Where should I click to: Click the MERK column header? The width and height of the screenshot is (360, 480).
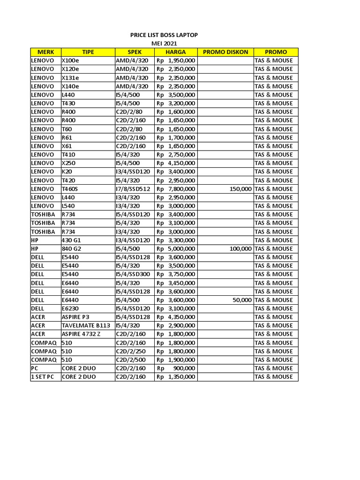45,52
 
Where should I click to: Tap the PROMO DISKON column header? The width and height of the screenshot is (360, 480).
225,52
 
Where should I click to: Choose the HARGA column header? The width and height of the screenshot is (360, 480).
176,52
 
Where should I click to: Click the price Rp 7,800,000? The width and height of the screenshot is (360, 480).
176,189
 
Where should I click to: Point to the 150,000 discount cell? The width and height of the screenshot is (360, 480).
240,189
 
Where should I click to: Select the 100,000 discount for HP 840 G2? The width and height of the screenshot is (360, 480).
240,248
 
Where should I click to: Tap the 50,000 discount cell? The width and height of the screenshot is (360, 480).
242,300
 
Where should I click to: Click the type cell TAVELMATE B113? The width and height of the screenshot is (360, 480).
86,325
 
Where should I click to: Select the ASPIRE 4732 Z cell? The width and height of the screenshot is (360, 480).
81,334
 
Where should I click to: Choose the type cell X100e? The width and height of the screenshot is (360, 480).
71,60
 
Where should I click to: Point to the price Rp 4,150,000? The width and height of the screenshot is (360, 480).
176,163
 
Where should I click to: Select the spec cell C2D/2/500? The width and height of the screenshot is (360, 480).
132,360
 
